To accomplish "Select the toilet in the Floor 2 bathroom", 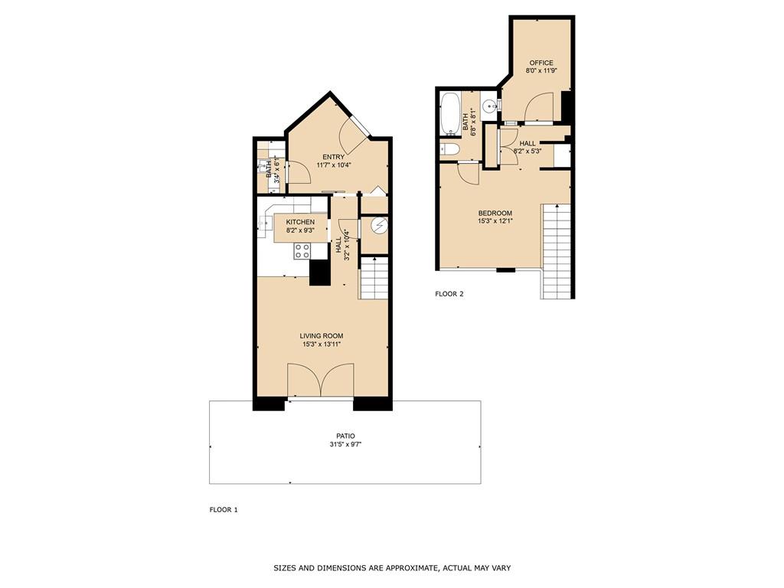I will click(449, 149).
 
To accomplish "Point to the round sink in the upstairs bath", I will click(490, 106).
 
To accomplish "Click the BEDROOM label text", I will click(495, 214).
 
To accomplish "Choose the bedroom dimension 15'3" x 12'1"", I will click(495, 223).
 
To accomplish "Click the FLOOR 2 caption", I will click(449, 294).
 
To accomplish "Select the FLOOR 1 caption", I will click(224, 510).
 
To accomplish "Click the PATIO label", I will click(345, 436).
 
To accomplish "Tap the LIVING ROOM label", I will click(321, 335).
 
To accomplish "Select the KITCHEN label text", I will click(300, 222).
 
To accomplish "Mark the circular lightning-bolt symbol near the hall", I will click(378, 225).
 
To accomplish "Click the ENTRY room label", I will click(333, 157).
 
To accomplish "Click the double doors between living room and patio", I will click(321, 381).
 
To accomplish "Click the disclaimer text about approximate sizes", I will click(392, 568).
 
